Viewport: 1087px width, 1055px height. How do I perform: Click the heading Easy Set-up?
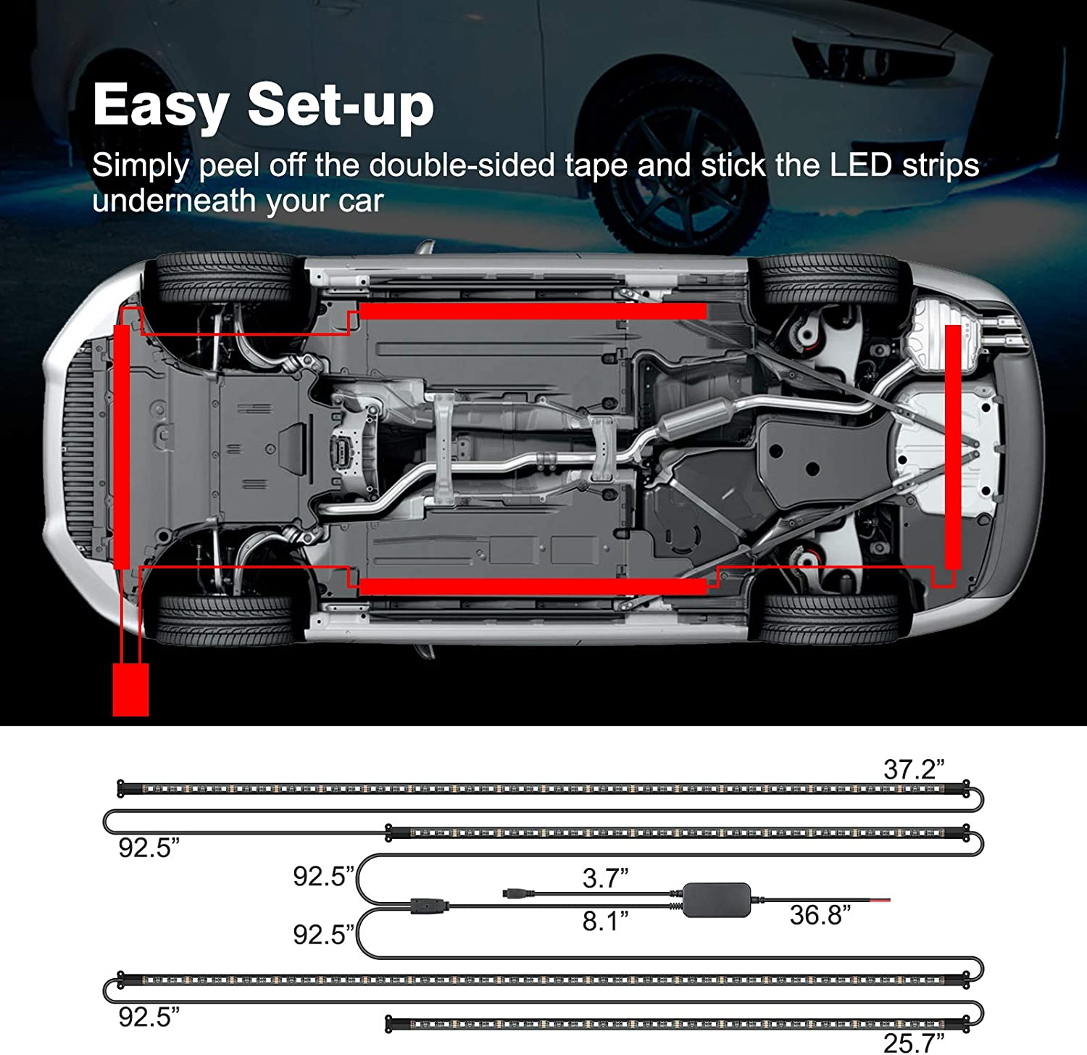263,106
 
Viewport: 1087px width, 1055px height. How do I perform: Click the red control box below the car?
131,689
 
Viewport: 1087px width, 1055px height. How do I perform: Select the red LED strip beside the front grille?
122,446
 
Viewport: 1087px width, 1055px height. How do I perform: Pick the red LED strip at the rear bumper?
953,446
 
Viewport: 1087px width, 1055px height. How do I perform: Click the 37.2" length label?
914,769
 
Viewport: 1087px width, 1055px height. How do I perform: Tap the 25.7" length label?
913,1043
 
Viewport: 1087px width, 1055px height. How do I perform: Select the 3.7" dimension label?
605,878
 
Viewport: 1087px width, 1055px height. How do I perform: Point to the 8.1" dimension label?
605,921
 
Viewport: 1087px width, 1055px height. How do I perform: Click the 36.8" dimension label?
820,915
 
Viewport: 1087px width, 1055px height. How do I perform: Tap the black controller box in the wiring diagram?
717,900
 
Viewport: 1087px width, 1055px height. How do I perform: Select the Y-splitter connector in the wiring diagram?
428,905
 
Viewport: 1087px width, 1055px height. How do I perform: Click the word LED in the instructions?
860,166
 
